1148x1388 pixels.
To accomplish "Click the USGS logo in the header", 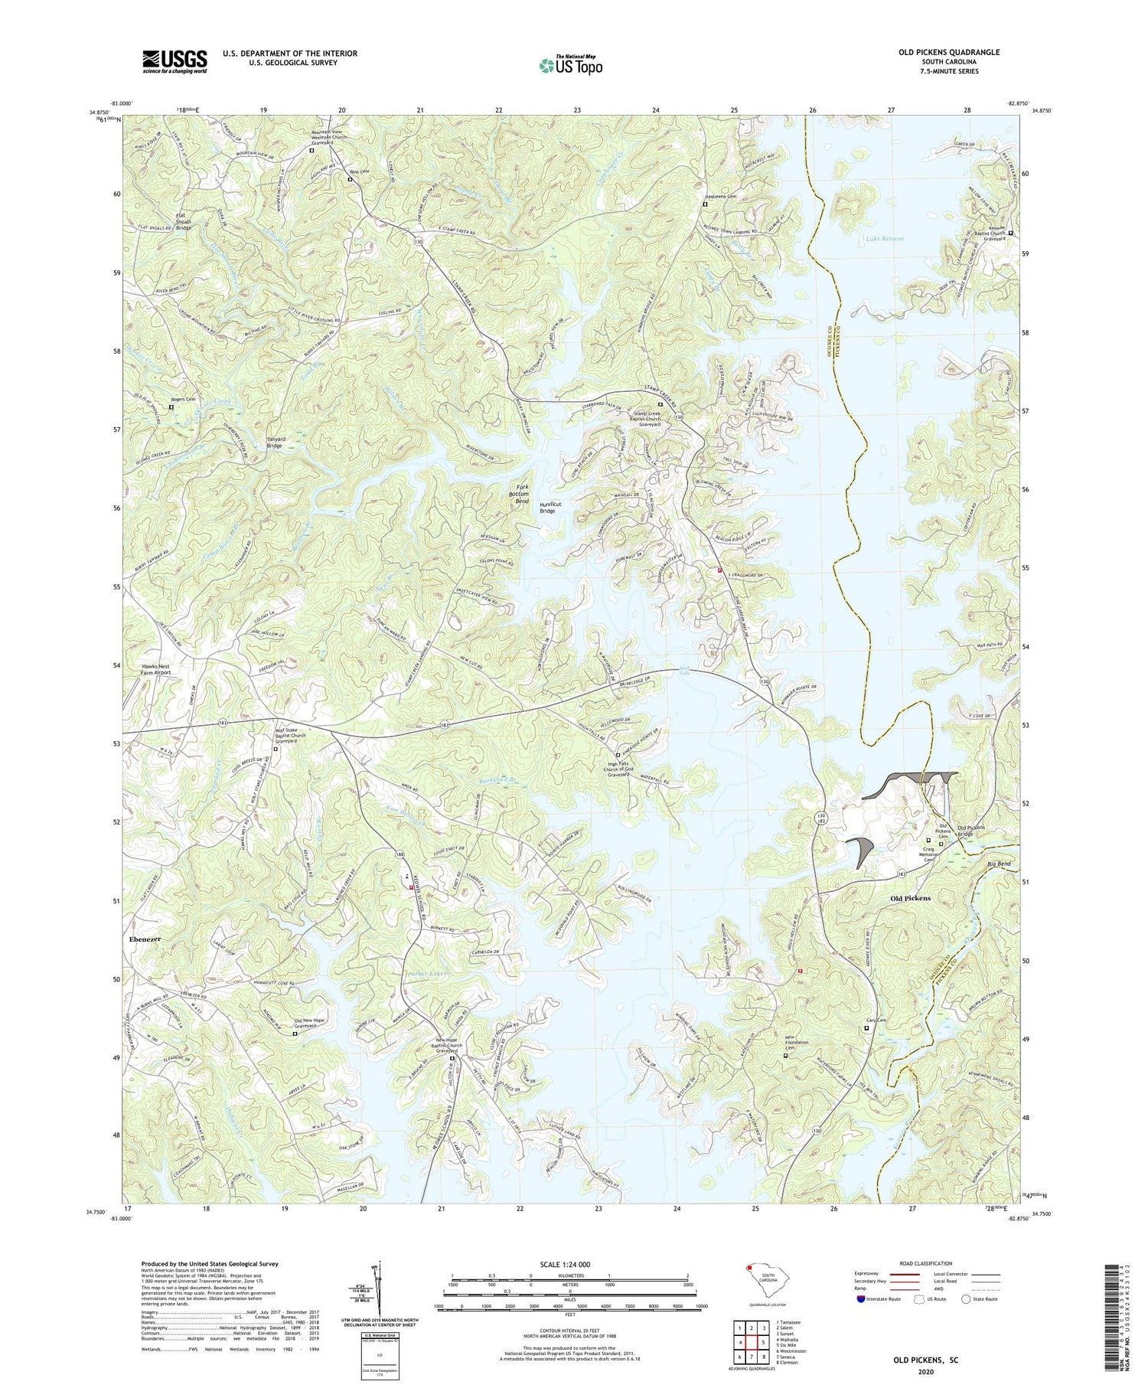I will click(x=174, y=61).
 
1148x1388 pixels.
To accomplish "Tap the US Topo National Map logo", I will click(x=570, y=65).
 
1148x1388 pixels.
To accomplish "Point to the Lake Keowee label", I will click(x=885, y=239).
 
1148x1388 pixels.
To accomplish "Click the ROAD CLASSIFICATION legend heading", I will click(x=925, y=1263).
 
